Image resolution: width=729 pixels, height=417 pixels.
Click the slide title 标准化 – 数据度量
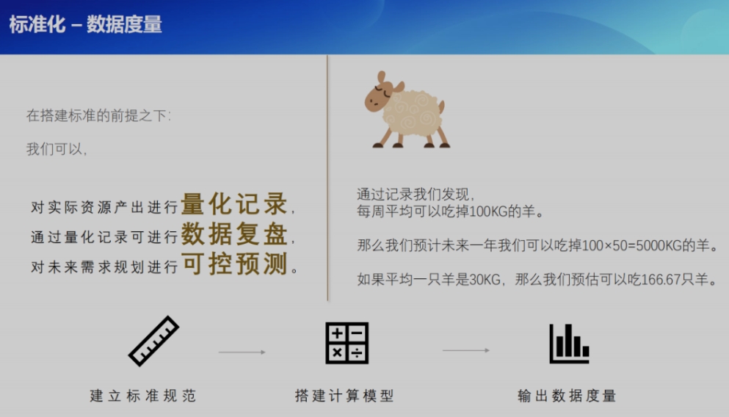click(86, 24)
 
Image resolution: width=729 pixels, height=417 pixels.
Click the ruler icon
click(154, 341)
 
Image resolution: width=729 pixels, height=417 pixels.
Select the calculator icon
click(347, 343)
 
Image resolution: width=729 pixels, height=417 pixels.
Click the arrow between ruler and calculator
click(242, 352)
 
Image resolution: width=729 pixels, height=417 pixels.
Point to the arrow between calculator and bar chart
click(466, 350)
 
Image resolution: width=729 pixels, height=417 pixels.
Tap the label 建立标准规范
click(143, 396)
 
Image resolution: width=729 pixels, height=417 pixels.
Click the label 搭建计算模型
click(344, 396)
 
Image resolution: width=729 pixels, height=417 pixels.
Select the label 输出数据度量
click(567, 396)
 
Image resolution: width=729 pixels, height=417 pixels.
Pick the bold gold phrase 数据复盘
click(234, 233)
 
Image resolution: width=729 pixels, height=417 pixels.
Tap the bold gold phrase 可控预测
click(234, 264)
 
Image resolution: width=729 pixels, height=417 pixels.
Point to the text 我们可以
click(57, 149)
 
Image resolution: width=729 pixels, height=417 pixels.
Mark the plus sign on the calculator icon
click(337, 333)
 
